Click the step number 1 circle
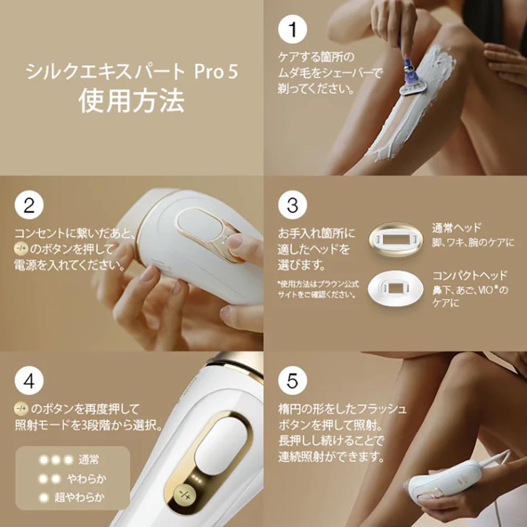click(292, 30)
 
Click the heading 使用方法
click(132, 101)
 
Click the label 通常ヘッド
click(456, 228)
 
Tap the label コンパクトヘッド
click(470, 276)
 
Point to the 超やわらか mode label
click(79, 496)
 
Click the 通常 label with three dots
click(88, 460)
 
